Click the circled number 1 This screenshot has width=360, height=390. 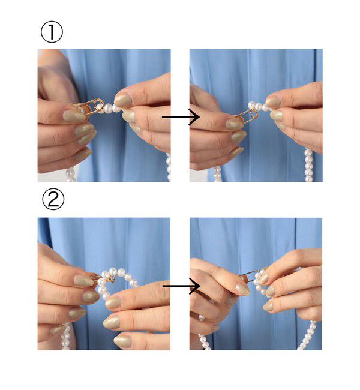click(52, 31)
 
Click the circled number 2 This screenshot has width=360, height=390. click(53, 199)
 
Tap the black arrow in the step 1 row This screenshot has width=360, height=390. click(181, 116)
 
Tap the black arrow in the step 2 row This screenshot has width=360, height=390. click(181, 286)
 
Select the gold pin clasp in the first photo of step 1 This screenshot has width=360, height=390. click(91, 106)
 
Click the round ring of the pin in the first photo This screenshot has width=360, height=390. click(99, 104)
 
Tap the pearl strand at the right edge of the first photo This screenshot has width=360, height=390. click(169, 167)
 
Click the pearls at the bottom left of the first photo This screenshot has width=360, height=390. click(71, 175)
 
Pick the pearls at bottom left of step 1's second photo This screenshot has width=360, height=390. click(217, 174)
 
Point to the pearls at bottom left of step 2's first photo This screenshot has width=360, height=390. click(65, 336)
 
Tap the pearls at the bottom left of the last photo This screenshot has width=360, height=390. click(205, 333)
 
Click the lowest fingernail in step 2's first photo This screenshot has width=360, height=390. click(122, 341)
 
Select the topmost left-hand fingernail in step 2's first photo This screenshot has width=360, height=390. click(84, 280)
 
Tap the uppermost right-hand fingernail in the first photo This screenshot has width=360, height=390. click(123, 100)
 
